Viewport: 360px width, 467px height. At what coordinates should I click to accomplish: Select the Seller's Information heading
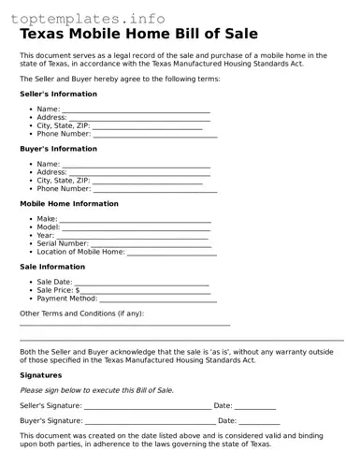click(x=58, y=95)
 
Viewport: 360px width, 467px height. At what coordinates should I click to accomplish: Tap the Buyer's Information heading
click(x=58, y=149)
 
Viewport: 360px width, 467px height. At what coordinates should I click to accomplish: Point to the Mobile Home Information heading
click(x=69, y=203)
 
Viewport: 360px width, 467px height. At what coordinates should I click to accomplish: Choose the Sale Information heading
click(x=52, y=267)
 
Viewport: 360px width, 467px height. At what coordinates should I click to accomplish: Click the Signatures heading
click(x=42, y=374)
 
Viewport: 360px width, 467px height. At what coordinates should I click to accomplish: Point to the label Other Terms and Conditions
click(x=82, y=314)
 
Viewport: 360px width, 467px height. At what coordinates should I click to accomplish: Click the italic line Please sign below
click(x=96, y=390)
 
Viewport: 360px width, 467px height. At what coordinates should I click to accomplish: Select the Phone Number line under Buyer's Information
click(x=154, y=191)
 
